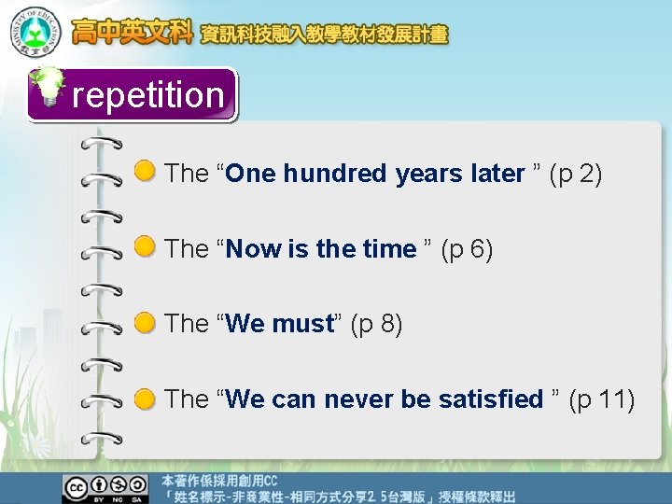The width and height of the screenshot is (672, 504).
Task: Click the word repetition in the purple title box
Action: pyautogui.click(x=147, y=95)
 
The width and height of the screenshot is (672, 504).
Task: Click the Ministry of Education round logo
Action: pyautogui.click(x=35, y=32)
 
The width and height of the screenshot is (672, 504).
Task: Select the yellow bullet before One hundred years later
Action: pyautogui.click(x=145, y=172)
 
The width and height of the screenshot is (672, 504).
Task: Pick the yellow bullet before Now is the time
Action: pyautogui.click(x=145, y=247)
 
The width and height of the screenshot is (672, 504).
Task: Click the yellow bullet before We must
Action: pyautogui.click(x=145, y=323)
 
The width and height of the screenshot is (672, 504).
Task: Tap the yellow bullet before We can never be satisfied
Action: pyautogui.click(x=145, y=399)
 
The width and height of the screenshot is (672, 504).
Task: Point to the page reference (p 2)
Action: pyautogui.click(x=576, y=174)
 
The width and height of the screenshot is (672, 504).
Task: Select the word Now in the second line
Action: pyautogui.click(x=255, y=249)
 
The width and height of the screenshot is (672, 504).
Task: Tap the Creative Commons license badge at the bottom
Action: pyautogui.click(x=105, y=488)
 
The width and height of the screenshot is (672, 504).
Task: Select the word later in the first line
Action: pyautogui.click(x=497, y=174)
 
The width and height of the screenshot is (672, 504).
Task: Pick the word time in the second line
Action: pyautogui.click(x=388, y=249)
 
